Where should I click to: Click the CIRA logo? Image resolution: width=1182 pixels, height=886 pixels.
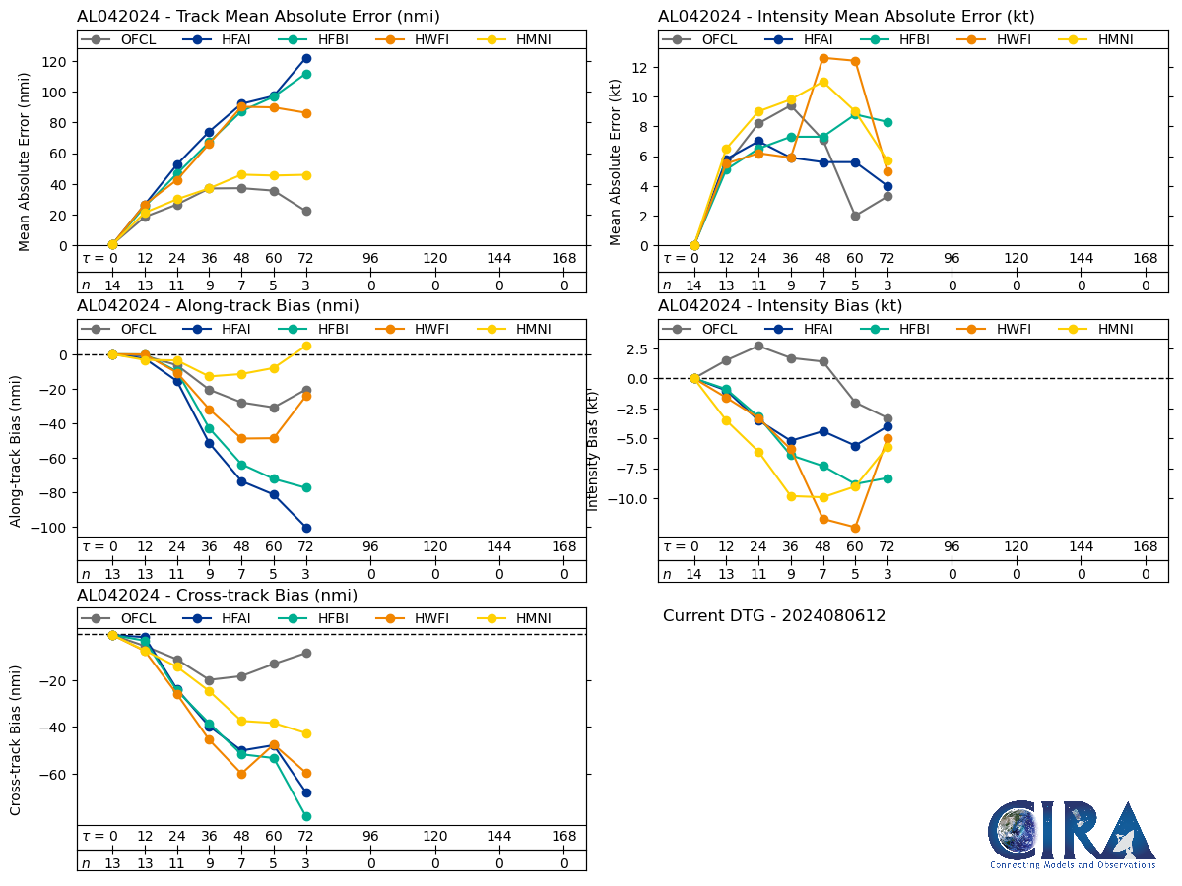(1073, 834)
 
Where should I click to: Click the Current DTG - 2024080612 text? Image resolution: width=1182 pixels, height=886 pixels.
(774, 616)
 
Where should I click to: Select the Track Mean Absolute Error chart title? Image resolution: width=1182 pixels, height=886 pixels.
(258, 16)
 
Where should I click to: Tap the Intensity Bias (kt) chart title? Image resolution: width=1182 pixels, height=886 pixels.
(780, 305)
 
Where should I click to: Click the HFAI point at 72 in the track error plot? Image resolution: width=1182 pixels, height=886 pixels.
(306, 58)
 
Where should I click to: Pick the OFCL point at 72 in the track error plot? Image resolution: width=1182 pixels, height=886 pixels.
(306, 211)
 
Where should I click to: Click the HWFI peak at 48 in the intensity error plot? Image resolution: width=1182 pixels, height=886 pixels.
(823, 58)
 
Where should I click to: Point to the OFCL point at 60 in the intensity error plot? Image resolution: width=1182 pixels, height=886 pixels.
(855, 216)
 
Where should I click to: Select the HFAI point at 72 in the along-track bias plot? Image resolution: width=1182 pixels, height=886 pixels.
(306, 528)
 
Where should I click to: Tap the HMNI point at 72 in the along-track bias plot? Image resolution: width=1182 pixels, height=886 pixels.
(306, 346)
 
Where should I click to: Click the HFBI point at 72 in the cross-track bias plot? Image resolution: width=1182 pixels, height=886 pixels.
(306, 816)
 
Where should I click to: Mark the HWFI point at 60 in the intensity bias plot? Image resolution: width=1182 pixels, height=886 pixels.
(855, 528)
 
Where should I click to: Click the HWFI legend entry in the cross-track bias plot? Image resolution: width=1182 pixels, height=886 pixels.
(418, 618)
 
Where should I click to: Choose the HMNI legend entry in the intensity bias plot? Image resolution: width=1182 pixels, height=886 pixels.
(1102, 329)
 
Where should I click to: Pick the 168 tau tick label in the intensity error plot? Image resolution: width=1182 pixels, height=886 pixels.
(1146, 258)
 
